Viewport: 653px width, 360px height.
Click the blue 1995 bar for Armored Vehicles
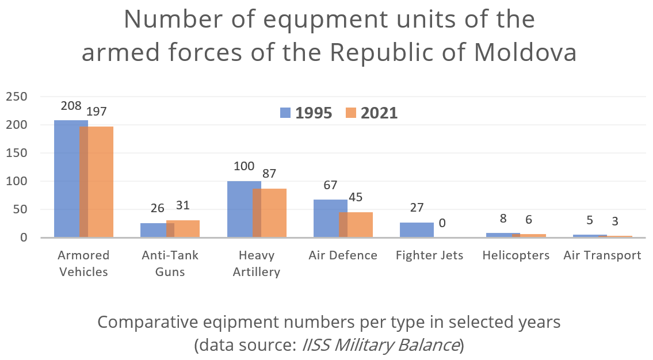click(67, 178)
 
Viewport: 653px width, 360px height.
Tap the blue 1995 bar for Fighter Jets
click(417, 230)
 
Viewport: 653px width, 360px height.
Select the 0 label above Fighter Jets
click(442, 223)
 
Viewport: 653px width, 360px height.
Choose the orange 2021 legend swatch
click(352, 113)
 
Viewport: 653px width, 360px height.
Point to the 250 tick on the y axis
click(16, 97)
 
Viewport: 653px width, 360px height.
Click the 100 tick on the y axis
click(16, 181)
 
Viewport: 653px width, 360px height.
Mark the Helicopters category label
click(516, 255)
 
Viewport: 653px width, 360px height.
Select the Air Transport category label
click(602, 255)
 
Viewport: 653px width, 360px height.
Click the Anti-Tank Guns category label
click(170, 263)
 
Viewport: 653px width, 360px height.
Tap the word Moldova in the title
click(525, 53)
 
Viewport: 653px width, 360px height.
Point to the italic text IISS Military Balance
click(380, 345)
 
